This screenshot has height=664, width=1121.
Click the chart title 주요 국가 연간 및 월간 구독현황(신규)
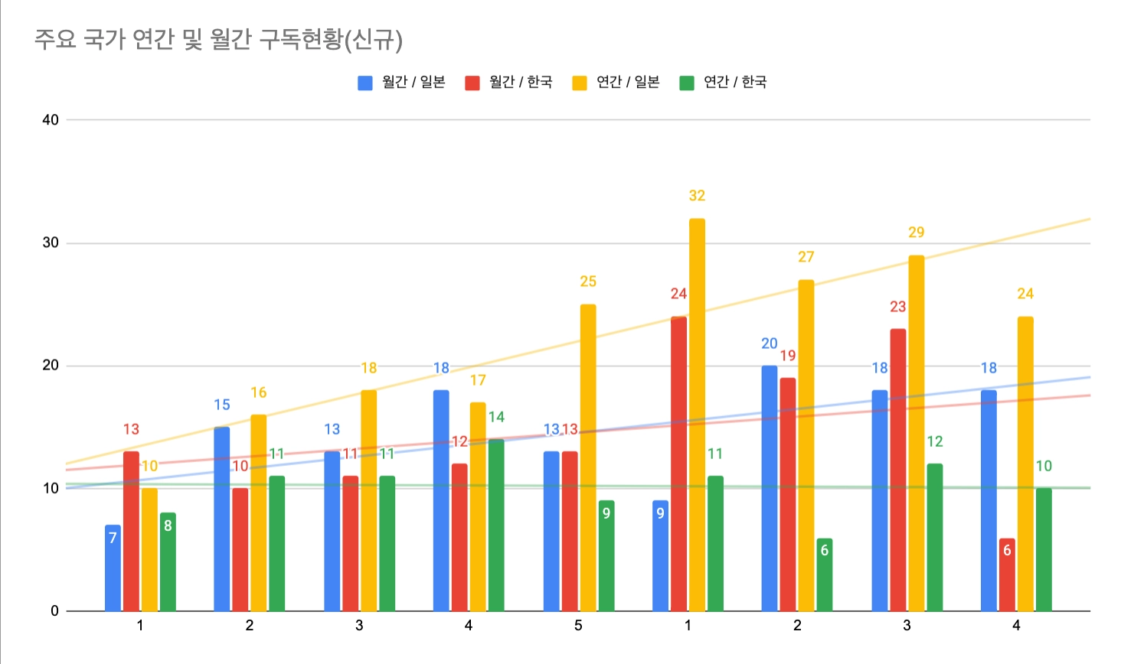[218, 39]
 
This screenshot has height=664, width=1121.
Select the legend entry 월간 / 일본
[402, 82]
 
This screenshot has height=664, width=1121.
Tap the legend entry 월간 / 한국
[509, 82]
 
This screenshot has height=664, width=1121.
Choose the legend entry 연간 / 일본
[616, 82]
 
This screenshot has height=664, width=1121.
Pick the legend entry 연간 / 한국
[724, 82]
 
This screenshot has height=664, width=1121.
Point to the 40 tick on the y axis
[51, 120]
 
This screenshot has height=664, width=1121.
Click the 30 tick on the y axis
[51, 242]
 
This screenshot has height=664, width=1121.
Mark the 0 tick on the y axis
[54, 610]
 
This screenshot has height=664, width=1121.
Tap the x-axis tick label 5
[578, 626]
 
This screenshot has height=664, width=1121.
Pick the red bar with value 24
[678, 464]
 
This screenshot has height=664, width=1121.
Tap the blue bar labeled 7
[113, 568]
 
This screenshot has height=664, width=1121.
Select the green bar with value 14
[496, 525]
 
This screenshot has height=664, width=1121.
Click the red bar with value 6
[1007, 574]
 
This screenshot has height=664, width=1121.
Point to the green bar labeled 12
[934, 537]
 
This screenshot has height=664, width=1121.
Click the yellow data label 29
[916, 233]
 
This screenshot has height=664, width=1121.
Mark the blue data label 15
[222, 405]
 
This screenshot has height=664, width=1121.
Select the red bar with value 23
[897, 470]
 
